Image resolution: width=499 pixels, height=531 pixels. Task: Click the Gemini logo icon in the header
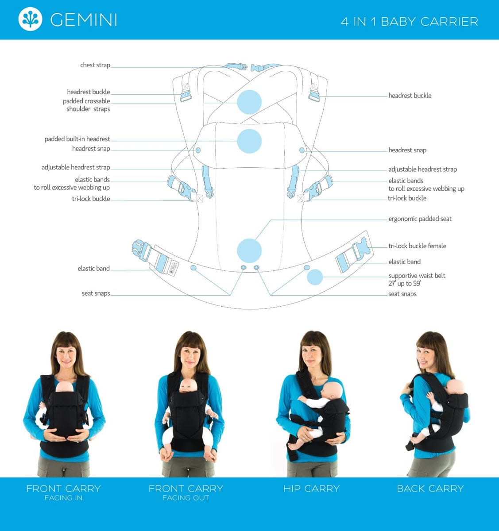click(x=30, y=19)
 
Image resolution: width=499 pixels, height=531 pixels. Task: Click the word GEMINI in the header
click(x=84, y=20)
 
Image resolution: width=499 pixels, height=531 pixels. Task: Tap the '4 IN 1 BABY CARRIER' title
click(x=410, y=22)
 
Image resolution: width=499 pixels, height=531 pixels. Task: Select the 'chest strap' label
click(x=95, y=65)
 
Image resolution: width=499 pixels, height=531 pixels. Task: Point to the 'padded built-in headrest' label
click(x=77, y=139)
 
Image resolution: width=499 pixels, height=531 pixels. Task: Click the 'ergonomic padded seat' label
click(x=420, y=219)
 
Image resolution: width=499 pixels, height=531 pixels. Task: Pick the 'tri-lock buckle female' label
click(x=417, y=246)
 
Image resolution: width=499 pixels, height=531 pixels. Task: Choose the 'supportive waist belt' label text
click(x=417, y=276)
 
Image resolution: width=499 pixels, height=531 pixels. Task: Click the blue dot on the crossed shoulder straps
click(x=249, y=102)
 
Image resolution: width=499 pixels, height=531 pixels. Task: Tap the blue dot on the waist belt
click(x=315, y=277)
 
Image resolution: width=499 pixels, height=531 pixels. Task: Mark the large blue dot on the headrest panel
click(x=249, y=141)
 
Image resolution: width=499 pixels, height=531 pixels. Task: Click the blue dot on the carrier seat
click(x=249, y=251)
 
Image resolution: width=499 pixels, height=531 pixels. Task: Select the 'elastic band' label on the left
click(x=93, y=269)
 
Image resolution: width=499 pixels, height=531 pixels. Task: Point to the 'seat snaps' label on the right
click(x=402, y=294)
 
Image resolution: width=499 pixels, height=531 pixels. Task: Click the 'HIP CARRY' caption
click(x=311, y=489)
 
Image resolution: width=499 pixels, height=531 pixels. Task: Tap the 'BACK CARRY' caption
click(x=430, y=489)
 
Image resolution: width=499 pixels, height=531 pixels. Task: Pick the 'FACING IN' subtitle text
click(x=63, y=498)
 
